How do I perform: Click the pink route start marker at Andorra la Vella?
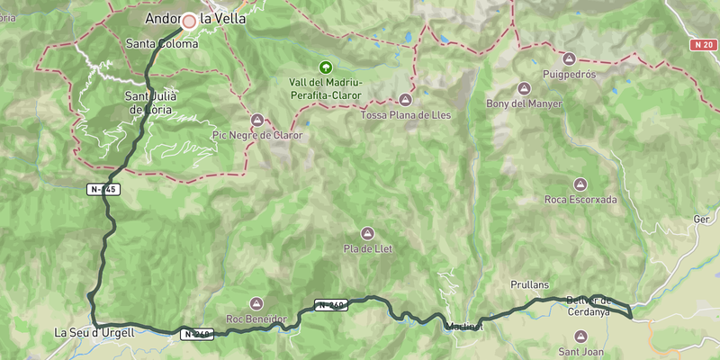pos(189,21)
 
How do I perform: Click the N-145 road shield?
pos(103,189)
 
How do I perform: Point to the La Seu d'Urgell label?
pos(94,333)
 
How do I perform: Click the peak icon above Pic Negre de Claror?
pos(257,120)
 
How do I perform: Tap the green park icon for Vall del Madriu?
pos(325,67)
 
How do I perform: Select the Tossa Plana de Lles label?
pos(405,115)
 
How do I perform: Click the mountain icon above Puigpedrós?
pos(570,58)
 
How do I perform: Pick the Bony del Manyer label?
pos(524,103)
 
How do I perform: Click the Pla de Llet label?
pos(367,248)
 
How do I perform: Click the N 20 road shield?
pos(704,44)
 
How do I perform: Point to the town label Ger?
pos(701,219)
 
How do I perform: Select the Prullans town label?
pos(529,284)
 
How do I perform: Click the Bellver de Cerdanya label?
pos(589,306)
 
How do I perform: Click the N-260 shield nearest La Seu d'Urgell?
pos(198,334)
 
